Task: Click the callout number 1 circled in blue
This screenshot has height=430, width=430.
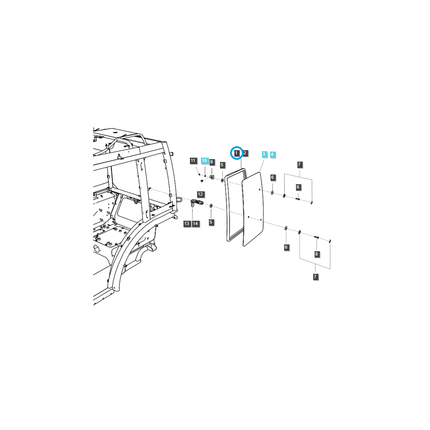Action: click(x=236, y=153)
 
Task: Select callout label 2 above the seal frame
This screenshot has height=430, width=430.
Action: click(x=245, y=153)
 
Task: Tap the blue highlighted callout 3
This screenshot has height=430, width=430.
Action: click(x=264, y=154)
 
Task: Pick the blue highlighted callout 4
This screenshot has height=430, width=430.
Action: click(x=272, y=154)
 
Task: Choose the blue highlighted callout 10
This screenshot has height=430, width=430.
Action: click(x=204, y=161)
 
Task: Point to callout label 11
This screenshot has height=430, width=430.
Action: click(x=193, y=161)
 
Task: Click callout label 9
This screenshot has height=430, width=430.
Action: click(x=211, y=162)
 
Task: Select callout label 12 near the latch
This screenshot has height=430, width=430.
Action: click(x=200, y=194)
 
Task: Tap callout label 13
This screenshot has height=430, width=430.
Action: click(x=187, y=224)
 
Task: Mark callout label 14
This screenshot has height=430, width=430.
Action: click(x=195, y=224)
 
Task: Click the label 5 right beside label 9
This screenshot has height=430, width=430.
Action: click(x=222, y=165)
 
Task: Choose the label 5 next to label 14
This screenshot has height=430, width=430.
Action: click(x=211, y=222)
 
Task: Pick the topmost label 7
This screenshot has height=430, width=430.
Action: click(x=300, y=165)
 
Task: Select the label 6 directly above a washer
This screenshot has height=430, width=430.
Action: click(x=272, y=177)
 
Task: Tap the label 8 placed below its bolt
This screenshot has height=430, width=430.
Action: click(x=316, y=254)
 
